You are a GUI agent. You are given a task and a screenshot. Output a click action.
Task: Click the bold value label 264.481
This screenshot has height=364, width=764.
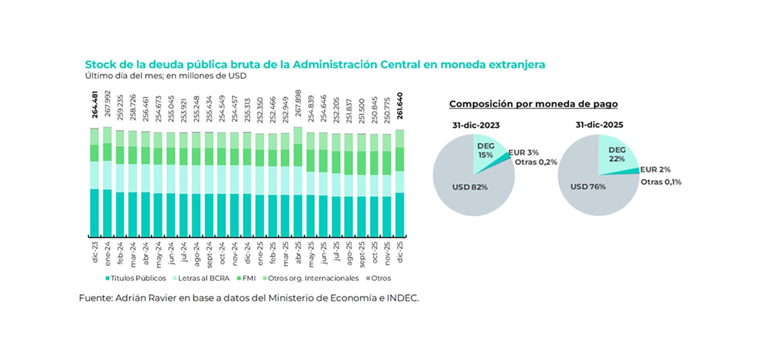click(x=95, y=105)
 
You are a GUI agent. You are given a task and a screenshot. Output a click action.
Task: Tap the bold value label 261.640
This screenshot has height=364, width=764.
click(x=400, y=106)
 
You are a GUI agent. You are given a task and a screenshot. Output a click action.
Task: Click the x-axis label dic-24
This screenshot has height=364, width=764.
click(x=247, y=253)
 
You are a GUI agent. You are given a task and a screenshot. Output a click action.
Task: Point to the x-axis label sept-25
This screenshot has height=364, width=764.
click(x=362, y=254)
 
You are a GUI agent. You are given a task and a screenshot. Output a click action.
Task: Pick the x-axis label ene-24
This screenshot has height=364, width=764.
click(x=107, y=253)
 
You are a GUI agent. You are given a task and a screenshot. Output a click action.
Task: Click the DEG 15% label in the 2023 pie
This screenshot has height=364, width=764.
click(x=485, y=151)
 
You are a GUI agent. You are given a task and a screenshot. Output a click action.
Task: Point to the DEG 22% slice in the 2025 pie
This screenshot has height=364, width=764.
click(x=616, y=155)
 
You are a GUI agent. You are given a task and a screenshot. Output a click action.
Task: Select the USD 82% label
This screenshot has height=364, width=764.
click(x=470, y=187)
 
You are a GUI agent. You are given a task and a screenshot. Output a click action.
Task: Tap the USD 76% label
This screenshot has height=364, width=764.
click(x=588, y=187)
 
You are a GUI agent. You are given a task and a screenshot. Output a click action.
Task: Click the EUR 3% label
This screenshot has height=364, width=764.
click(x=524, y=153)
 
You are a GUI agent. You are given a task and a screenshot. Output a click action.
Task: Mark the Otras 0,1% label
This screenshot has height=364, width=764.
click(x=661, y=182)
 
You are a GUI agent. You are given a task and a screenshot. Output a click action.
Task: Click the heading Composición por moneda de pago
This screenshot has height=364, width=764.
click(x=533, y=104)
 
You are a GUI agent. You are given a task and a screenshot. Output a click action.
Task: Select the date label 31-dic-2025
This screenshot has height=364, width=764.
click(x=599, y=125)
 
